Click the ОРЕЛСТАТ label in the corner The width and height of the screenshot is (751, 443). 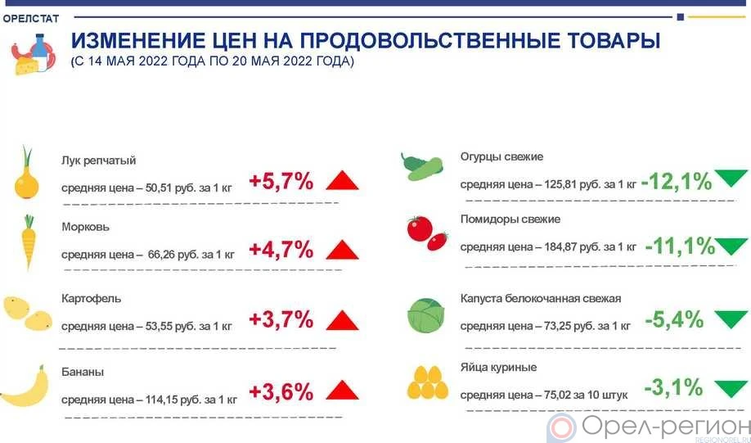pos(37,18)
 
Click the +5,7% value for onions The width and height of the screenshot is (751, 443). pos(281,182)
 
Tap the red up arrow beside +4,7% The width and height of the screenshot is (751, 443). pos(342,250)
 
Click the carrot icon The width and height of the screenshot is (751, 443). pos(29,242)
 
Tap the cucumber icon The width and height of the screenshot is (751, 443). pos(422,165)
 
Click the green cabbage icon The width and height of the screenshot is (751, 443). pos(427,314)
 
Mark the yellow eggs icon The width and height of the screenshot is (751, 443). pos(428,382)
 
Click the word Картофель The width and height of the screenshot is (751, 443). pos(91,299)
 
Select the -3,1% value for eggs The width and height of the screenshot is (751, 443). pos(673,386)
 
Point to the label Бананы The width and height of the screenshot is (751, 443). pos(83,373)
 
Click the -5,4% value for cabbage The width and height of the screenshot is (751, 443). pos(673,319)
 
